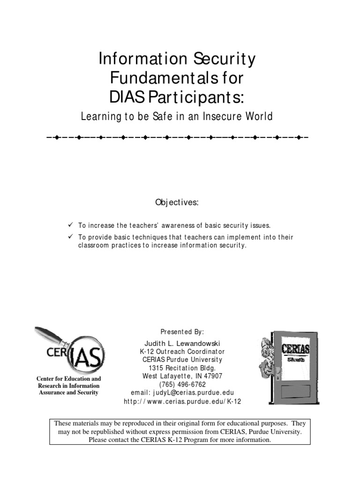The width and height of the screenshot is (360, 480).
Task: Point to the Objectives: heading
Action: point(177,202)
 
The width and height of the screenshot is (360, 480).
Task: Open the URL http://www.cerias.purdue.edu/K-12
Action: point(182,402)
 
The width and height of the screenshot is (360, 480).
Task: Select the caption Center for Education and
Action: point(68,378)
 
